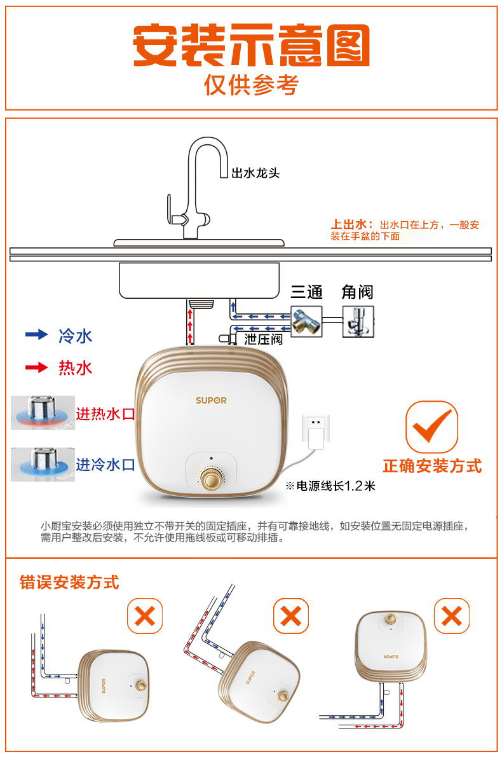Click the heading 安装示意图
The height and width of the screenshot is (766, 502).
252,44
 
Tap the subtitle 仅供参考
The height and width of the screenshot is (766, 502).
252,85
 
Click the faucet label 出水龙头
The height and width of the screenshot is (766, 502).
255,173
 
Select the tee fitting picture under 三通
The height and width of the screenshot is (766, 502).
306,322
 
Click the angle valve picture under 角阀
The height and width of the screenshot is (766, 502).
358,322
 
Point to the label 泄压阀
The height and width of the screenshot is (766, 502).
264,339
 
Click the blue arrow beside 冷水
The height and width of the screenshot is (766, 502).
37,334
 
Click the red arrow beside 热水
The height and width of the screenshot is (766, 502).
37,367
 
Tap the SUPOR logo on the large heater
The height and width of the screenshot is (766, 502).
211,400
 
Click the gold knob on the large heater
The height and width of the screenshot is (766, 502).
211,478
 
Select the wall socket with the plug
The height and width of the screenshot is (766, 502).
316,432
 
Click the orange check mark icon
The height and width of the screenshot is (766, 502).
431,427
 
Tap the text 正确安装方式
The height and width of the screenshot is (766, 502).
432,466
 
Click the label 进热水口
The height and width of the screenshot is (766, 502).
105,414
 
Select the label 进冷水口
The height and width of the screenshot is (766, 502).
105,465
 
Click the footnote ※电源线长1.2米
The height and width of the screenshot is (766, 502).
330,486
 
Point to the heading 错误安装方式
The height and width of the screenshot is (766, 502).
69,582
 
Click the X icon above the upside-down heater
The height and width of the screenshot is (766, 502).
451,615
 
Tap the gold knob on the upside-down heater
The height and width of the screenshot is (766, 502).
391,619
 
